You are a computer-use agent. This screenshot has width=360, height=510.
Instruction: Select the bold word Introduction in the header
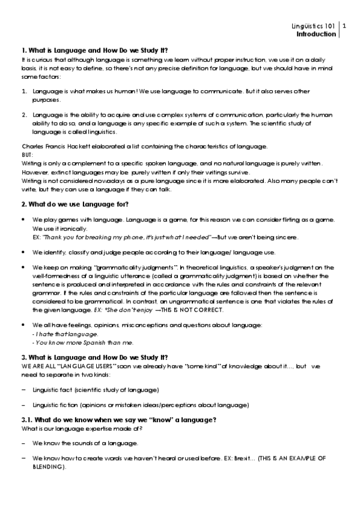point(317,34)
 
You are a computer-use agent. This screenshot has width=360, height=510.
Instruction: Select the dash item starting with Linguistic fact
point(96,390)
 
